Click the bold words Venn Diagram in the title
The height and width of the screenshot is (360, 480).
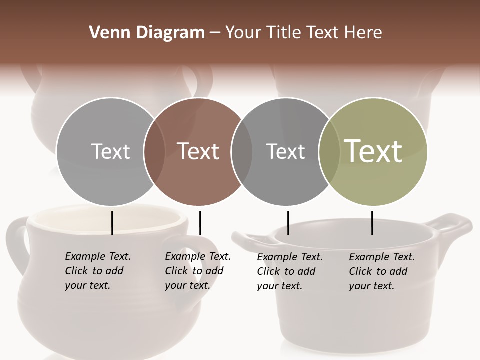pos(147,33)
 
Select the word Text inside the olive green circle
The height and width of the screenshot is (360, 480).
pos(373,151)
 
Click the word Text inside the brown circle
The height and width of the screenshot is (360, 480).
pos(198,151)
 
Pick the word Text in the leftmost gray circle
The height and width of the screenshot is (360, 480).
pos(110,151)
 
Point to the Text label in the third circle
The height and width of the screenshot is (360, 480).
pos(285,151)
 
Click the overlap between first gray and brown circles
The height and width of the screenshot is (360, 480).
pos(154,151)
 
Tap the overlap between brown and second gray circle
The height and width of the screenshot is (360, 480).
pos(242,151)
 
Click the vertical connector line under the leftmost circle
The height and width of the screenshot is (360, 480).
pos(112,223)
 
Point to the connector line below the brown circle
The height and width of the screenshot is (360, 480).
pos(200,223)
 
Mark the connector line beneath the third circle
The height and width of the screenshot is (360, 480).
pos(288,223)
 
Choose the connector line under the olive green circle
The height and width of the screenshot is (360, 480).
pos(372,223)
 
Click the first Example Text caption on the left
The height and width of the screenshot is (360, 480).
pos(97,271)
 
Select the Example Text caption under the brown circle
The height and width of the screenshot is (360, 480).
pos(197,271)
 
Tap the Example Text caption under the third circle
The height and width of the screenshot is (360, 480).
pos(289,271)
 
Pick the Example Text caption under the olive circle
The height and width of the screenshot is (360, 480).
pos(381,271)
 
